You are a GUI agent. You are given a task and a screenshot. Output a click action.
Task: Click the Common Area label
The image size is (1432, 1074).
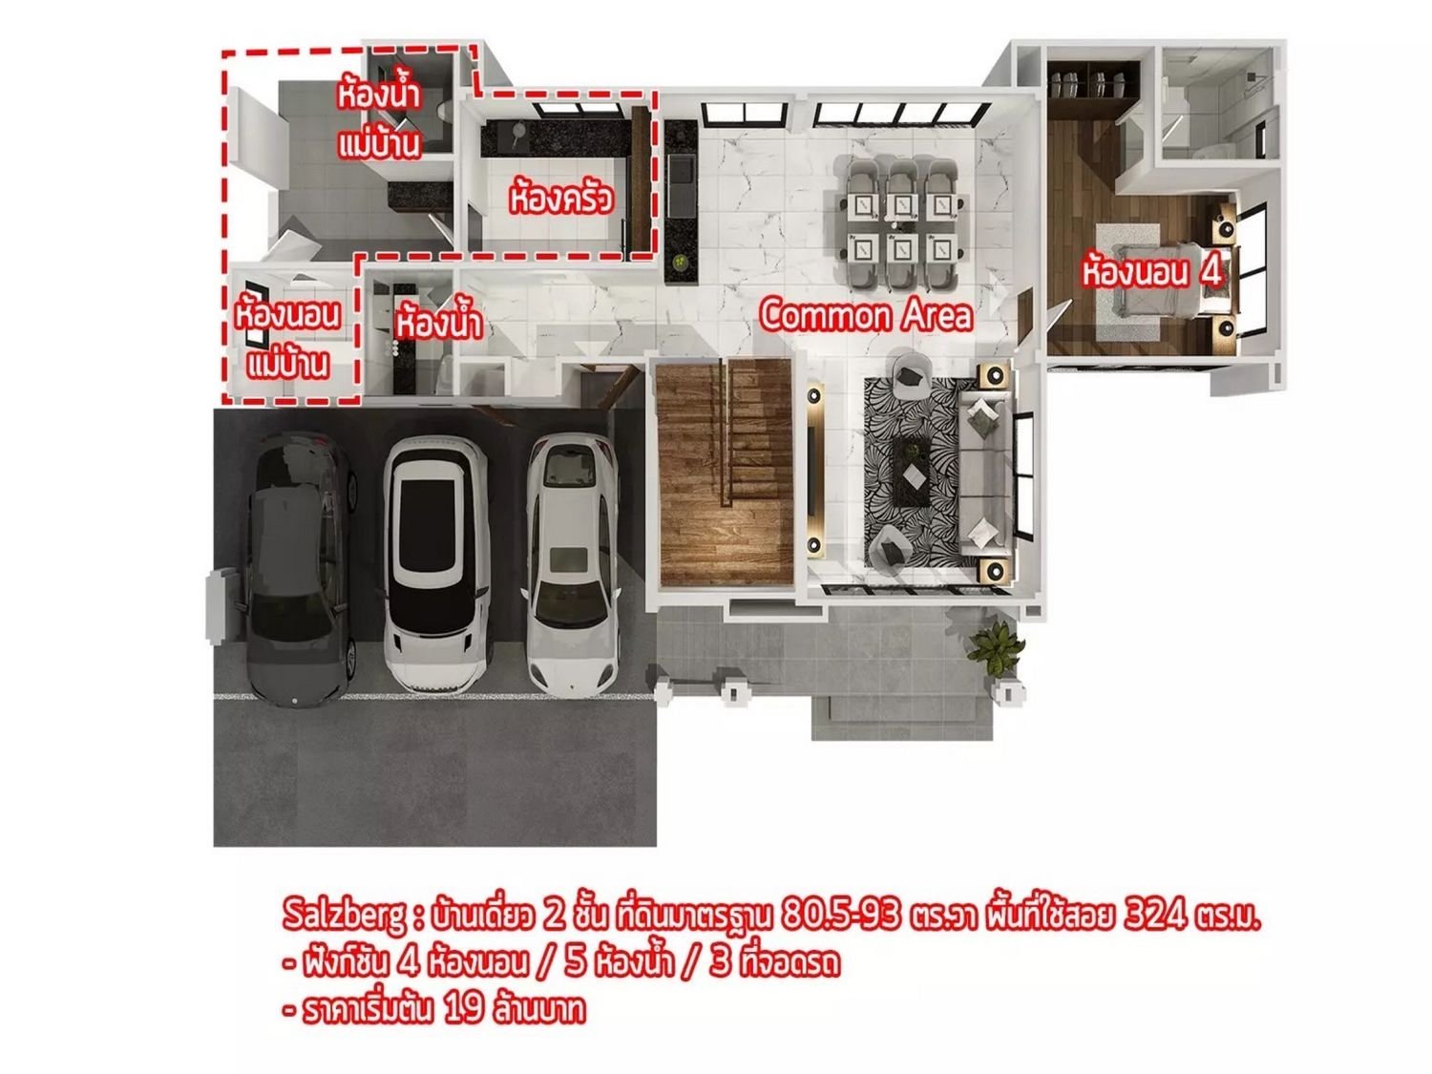pyautogui.click(x=866, y=315)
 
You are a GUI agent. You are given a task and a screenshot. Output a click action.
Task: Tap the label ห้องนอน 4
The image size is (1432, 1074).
pyautogui.click(x=1152, y=273)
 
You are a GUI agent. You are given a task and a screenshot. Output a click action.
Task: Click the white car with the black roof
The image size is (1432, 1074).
pyautogui.click(x=435, y=565)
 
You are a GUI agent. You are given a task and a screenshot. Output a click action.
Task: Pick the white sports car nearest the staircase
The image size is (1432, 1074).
pyautogui.click(x=571, y=565)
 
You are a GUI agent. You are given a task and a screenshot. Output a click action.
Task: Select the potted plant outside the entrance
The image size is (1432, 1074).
pyautogui.click(x=995, y=648)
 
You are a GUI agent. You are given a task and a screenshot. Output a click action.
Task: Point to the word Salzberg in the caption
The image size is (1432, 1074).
pyautogui.click(x=344, y=916)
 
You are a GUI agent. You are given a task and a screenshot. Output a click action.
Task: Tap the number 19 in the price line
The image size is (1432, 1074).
pyautogui.click(x=464, y=1009)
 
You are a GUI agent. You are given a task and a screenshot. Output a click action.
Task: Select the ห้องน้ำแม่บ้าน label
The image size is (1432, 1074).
pyautogui.click(x=378, y=119)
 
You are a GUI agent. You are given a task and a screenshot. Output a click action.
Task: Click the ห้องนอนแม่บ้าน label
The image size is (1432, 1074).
pyautogui.click(x=287, y=339)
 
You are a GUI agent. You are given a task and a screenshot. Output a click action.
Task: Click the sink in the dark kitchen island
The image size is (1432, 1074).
pyautogui.click(x=682, y=171)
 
